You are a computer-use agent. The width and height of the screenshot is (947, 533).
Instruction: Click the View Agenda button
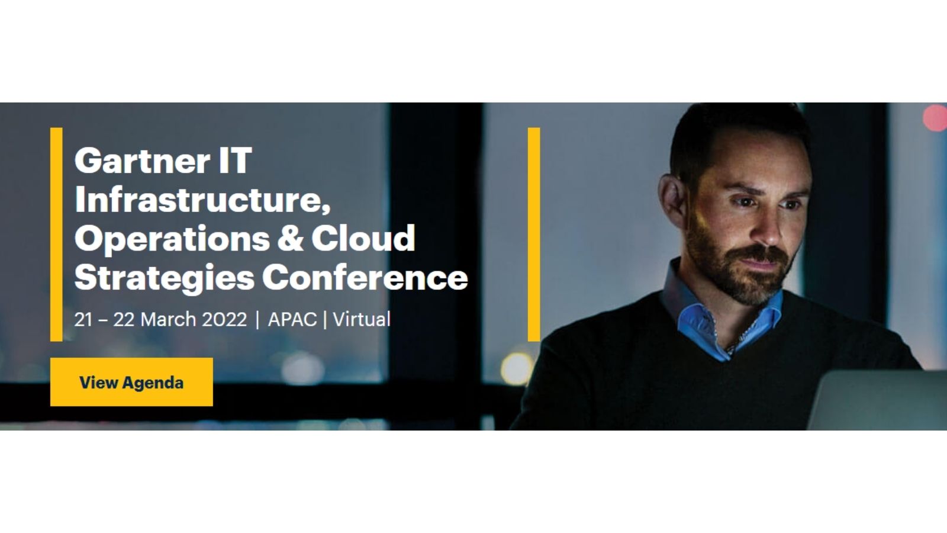[x=131, y=382]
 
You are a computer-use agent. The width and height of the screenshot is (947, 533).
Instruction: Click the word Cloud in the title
[x=363, y=237]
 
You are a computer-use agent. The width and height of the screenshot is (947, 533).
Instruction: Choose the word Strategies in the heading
[x=165, y=278]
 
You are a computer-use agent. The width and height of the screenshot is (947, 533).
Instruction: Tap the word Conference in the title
[x=365, y=277]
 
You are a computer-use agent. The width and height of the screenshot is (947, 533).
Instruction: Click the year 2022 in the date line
[x=224, y=319]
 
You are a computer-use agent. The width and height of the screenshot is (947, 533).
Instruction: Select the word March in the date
[x=169, y=319]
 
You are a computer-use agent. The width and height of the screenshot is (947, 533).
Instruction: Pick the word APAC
[x=292, y=319]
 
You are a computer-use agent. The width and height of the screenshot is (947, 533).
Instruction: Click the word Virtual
[x=362, y=319]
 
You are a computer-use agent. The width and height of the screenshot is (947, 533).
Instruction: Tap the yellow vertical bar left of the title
[x=56, y=235]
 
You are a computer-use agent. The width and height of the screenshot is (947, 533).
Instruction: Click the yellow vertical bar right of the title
[x=534, y=235]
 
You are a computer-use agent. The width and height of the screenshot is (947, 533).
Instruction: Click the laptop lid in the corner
[x=877, y=400]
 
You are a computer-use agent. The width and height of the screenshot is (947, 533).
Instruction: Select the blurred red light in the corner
[x=935, y=117]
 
